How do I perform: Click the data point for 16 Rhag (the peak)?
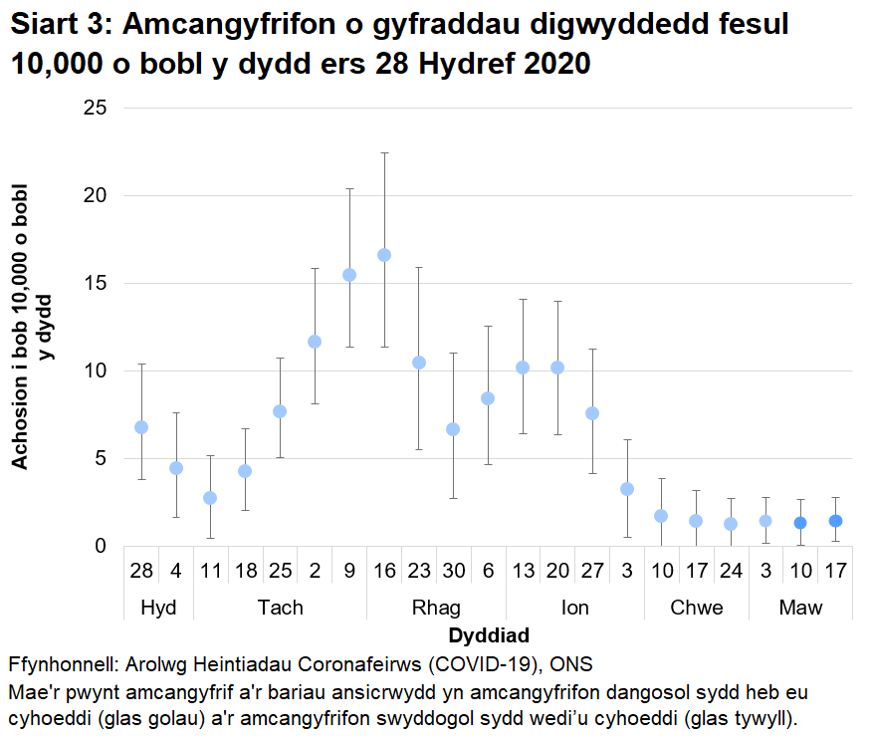[384, 255]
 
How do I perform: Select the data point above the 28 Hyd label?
[141, 427]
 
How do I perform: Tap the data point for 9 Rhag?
[349, 275]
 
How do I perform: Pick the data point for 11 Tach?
[210, 498]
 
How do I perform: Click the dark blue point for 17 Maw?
[836, 521]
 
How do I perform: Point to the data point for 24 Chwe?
[731, 524]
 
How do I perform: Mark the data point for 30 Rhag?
[453, 429]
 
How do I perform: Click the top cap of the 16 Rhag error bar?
[384, 153]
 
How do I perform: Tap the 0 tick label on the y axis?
[101, 546]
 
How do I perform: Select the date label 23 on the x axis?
[419, 570]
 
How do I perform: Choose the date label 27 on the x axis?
[592, 570]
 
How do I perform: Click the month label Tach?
[280, 608]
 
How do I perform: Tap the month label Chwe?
[696, 608]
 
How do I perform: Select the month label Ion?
[574, 608]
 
